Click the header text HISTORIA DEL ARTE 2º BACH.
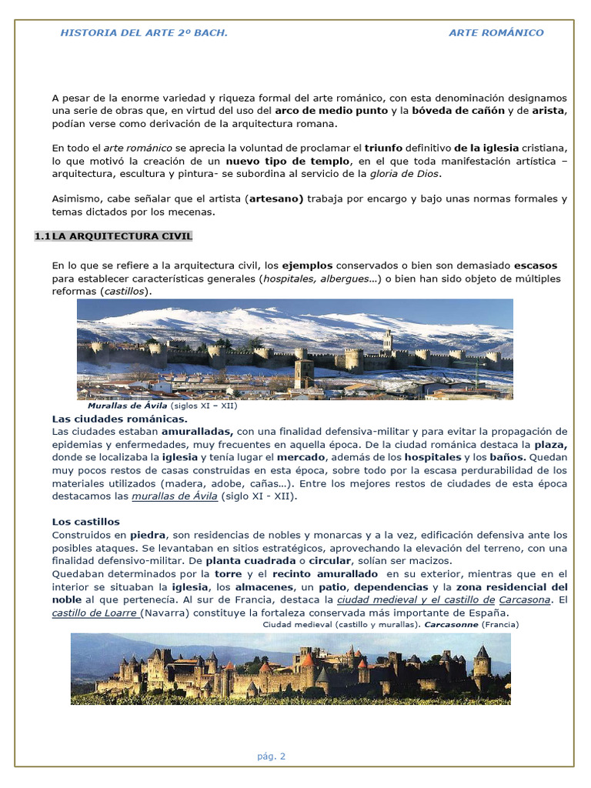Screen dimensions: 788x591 tap(144, 33)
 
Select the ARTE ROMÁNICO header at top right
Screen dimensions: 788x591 tap(496, 33)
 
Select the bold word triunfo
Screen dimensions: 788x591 tap(386, 148)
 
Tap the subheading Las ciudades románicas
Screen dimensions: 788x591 tap(119, 419)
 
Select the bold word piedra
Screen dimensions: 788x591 tap(148, 535)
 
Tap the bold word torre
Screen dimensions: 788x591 tap(229, 574)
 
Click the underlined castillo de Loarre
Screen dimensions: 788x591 tap(95, 613)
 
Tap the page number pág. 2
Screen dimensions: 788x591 tap(272, 756)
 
